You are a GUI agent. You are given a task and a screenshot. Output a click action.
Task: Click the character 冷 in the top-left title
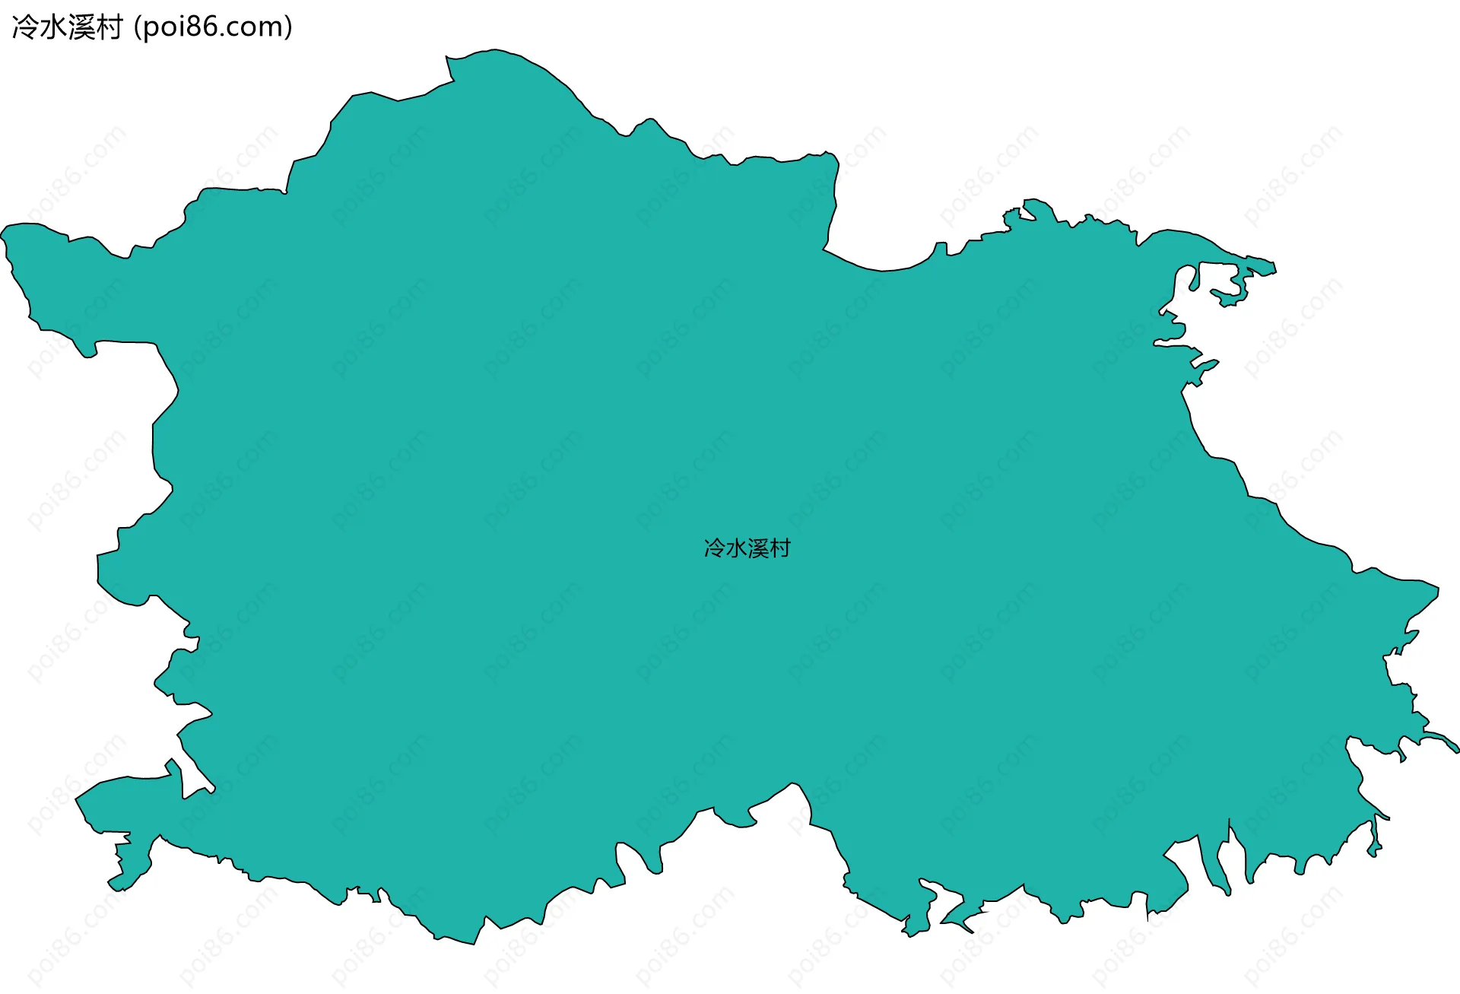[25, 27]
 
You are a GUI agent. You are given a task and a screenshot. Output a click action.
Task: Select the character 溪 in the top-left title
[81, 27]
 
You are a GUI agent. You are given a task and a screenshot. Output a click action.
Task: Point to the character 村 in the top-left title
[109, 27]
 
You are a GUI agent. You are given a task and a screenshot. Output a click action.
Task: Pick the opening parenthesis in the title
[137, 27]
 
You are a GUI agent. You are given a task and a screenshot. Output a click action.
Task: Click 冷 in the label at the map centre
[715, 548]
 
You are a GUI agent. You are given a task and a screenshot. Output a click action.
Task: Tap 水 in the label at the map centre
[736, 548]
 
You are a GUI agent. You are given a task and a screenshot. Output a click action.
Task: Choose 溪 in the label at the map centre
[758, 548]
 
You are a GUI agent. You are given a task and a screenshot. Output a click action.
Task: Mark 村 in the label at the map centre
[780, 548]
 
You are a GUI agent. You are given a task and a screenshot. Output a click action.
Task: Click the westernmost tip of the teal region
[2, 232]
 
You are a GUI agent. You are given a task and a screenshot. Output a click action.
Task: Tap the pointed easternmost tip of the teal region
[1457, 750]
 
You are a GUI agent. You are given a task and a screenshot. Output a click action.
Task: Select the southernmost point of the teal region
[474, 944]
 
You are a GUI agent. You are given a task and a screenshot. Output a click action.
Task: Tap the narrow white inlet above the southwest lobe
[194, 776]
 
